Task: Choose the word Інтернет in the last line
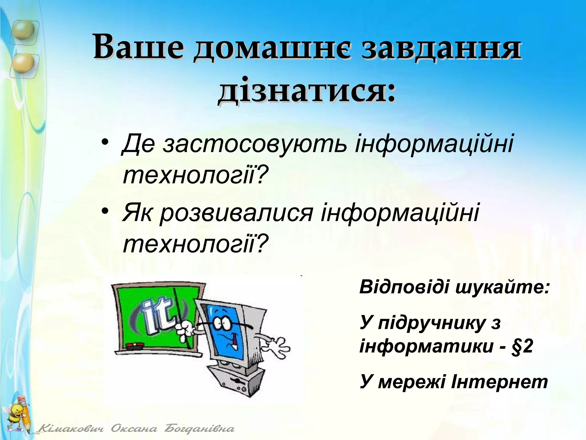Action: pos(499,382)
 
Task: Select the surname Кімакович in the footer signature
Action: pos(71,429)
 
